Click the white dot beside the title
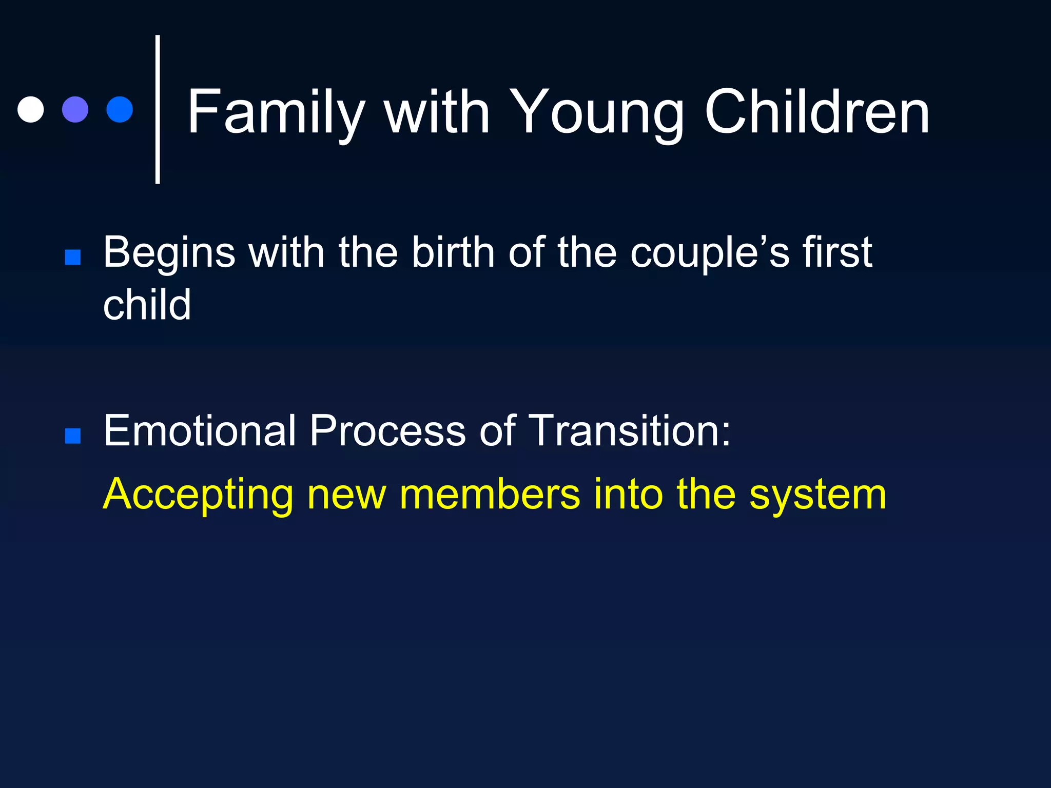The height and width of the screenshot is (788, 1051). coord(30,109)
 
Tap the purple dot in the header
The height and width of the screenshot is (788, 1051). coord(75,109)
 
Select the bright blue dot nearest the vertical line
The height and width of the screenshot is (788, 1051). coord(120,109)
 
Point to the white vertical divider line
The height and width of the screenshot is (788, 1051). coord(158,109)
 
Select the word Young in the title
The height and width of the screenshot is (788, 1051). coord(595,112)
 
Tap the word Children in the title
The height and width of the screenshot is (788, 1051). coord(817,112)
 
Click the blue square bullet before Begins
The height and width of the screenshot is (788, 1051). coord(73,257)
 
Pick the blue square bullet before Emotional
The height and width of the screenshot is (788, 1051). coord(73,436)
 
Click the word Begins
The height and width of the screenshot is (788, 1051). coord(169,253)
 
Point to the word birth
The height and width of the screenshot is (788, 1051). coord(453,253)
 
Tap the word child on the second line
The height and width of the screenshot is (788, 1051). coord(147,305)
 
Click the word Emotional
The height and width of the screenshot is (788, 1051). coord(199,431)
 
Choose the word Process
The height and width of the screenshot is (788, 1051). coord(387,431)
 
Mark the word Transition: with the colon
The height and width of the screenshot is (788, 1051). coord(629,431)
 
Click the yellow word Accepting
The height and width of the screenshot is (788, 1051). coord(198,495)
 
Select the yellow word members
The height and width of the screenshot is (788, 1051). coord(490,495)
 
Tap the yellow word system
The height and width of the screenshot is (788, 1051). coord(818,495)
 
